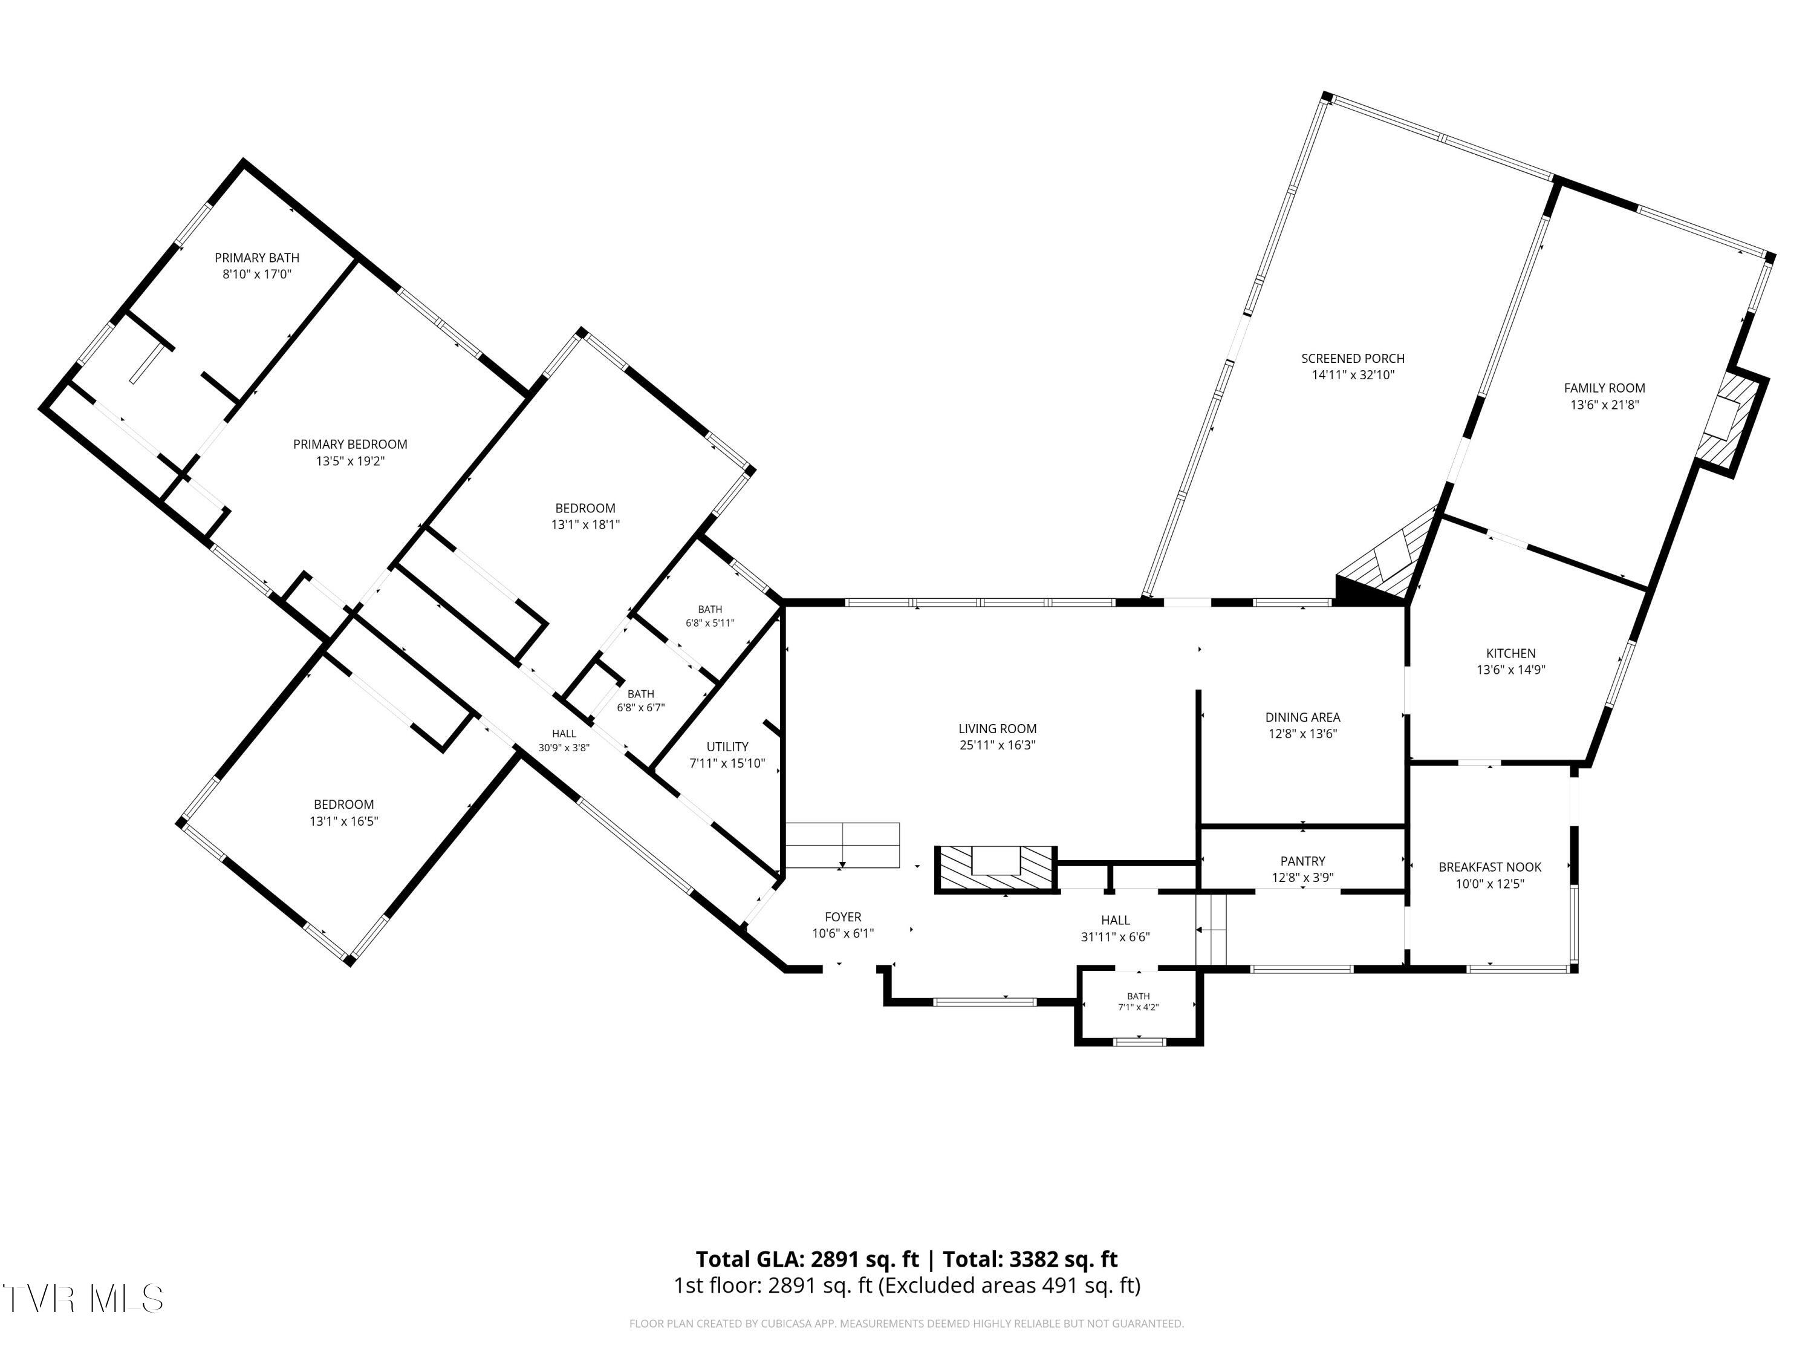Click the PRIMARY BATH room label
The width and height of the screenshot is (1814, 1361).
click(x=257, y=258)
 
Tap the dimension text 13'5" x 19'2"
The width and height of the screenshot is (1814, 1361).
click(x=350, y=461)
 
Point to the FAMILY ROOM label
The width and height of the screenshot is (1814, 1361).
click(x=1604, y=388)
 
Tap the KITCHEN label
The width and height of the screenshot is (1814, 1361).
click(x=1510, y=653)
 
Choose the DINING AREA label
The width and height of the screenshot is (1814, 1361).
click(x=1302, y=717)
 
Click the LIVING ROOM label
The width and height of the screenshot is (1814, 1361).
click(x=997, y=728)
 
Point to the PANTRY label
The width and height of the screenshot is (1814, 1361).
click(x=1302, y=861)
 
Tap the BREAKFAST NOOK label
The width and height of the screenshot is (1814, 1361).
click(x=1490, y=867)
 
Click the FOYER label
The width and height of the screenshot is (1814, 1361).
click(x=843, y=917)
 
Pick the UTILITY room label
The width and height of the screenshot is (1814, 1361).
click(x=727, y=746)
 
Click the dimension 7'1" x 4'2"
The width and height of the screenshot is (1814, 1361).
click(x=1138, y=1007)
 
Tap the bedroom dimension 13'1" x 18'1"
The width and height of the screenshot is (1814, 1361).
click(x=585, y=525)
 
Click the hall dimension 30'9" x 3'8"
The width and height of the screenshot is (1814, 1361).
click(x=564, y=748)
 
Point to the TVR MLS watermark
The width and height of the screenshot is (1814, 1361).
click(x=83, y=1299)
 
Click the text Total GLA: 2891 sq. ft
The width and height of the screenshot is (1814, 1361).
click(x=808, y=1259)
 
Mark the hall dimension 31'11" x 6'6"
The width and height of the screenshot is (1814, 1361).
click(x=1115, y=937)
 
